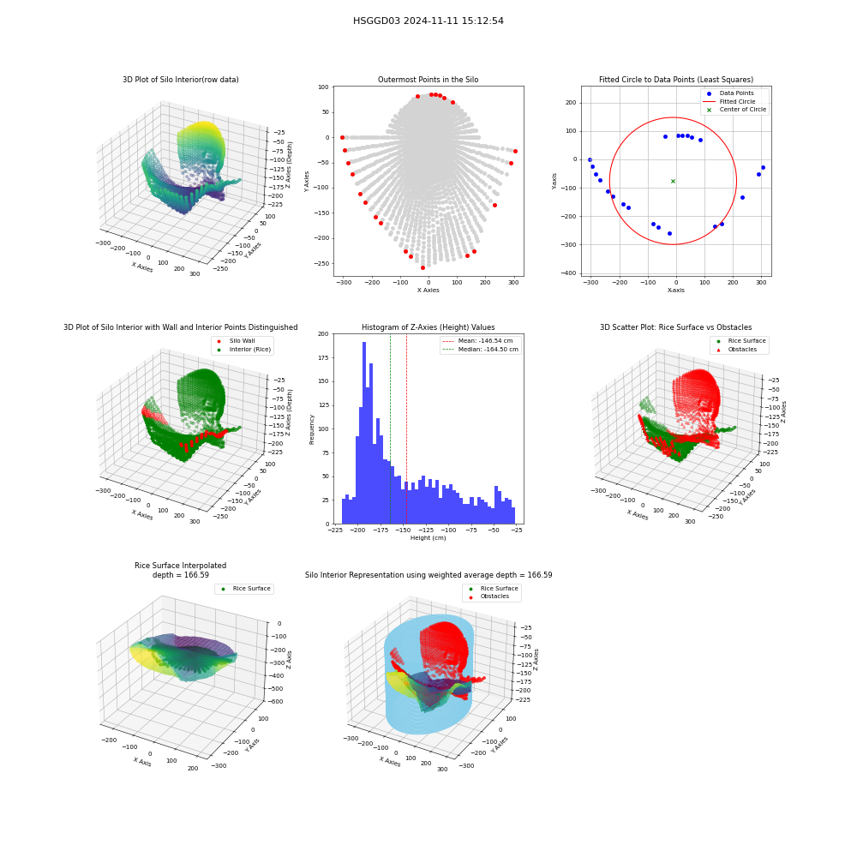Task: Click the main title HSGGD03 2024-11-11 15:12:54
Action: (x=428, y=21)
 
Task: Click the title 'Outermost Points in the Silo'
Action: (x=428, y=80)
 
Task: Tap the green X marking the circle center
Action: (x=673, y=181)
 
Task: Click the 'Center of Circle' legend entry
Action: (x=735, y=110)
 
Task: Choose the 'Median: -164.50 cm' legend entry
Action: (x=481, y=350)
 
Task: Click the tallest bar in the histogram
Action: (x=364, y=433)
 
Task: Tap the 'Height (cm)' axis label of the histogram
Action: (x=428, y=538)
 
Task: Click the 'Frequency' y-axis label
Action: (x=312, y=429)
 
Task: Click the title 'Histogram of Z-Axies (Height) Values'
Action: (x=428, y=327)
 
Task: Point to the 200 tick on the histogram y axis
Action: (x=324, y=333)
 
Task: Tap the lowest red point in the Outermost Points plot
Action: (x=423, y=267)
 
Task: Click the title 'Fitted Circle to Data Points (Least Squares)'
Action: (x=676, y=80)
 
